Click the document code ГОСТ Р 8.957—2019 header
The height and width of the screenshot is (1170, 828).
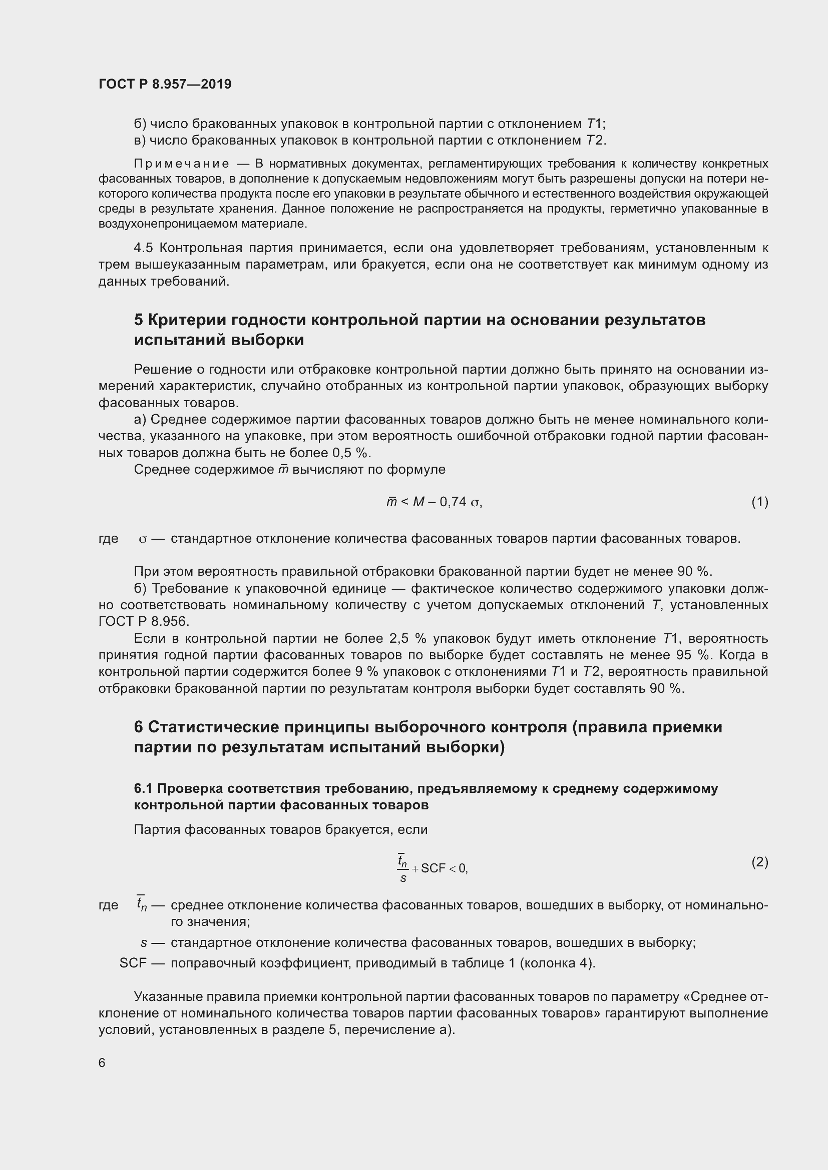click(x=165, y=84)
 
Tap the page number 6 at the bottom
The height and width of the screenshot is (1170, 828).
click(x=102, y=1062)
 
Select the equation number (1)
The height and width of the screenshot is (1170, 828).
click(x=759, y=502)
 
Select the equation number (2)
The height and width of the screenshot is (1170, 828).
click(x=759, y=862)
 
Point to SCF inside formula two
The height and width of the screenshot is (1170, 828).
click(x=434, y=868)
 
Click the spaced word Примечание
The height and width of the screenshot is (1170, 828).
click(x=182, y=164)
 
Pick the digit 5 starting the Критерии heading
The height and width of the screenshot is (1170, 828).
click(x=139, y=320)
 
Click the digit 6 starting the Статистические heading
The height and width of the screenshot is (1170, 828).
click(x=139, y=727)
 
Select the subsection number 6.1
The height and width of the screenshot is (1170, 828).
click(x=143, y=788)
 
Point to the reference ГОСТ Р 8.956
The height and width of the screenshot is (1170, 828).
click(x=143, y=622)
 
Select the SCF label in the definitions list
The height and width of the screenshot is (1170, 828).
click(x=133, y=963)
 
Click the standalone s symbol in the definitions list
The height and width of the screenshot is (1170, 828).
click(x=144, y=943)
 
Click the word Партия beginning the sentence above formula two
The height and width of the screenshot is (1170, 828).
click(x=157, y=829)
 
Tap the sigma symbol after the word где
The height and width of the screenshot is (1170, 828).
click(x=143, y=539)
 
